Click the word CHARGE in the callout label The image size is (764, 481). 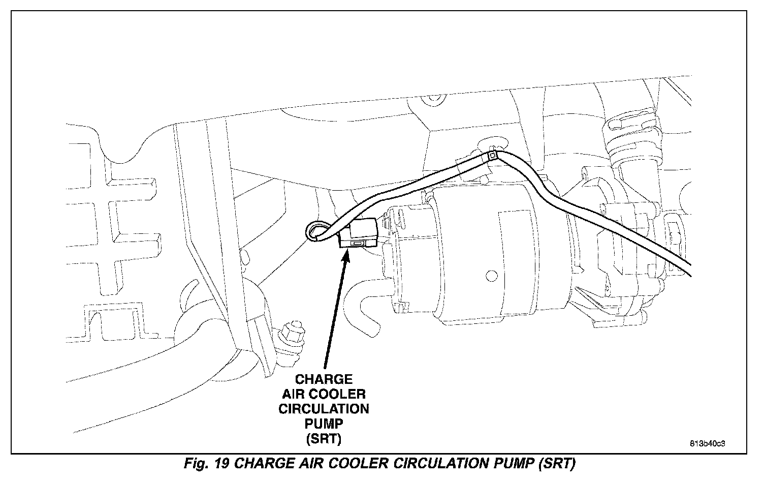[x=324, y=379]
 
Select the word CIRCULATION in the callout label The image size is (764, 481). [x=324, y=409]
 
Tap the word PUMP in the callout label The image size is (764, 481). [x=324, y=424]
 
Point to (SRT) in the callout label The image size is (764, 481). [x=324, y=438]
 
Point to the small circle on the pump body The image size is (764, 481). [x=491, y=276]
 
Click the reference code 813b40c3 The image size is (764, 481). [x=707, y=443]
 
